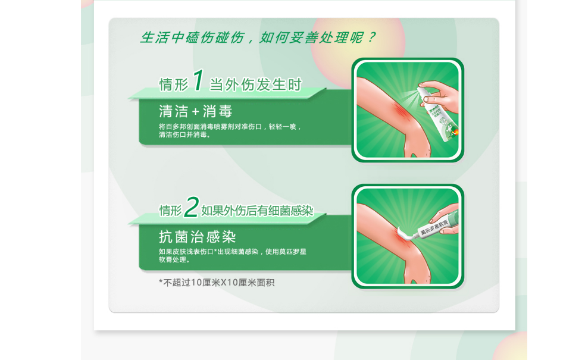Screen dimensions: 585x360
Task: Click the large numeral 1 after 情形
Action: [x=198, y=80]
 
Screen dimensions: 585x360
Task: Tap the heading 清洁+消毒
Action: [x=196, y=111]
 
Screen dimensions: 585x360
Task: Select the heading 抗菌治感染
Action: [x=198, y=237]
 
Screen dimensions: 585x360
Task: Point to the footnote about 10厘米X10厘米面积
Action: [x=217, y=283]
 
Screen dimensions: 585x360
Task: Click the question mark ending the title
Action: [x=371, y=37]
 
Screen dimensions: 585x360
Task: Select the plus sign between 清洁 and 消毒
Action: [x=196, y=111]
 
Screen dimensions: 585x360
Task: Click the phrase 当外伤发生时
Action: [x=255, y=84]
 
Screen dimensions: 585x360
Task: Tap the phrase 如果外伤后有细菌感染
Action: [x=257, y=211]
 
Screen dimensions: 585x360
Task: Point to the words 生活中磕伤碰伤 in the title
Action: [x=193, y=37]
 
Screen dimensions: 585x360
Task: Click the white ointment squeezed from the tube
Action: [x=405, y=234]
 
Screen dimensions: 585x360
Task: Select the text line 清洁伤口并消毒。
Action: [x=184, y=134]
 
